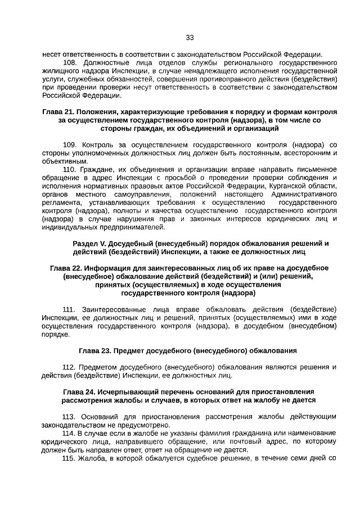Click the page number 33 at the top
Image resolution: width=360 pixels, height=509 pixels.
(x=190, y=38)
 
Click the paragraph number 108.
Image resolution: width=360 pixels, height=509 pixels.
(x=70, y=62)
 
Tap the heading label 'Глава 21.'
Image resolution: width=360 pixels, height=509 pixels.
(x=58, y=112)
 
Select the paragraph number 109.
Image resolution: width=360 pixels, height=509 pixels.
(x=70, y=145)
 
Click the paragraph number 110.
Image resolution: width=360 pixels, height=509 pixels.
(x=70, y=169)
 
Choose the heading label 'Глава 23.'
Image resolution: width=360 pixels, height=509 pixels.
(x=95, y=350)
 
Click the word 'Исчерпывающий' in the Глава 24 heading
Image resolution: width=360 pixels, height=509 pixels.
(x=129, y=391)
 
